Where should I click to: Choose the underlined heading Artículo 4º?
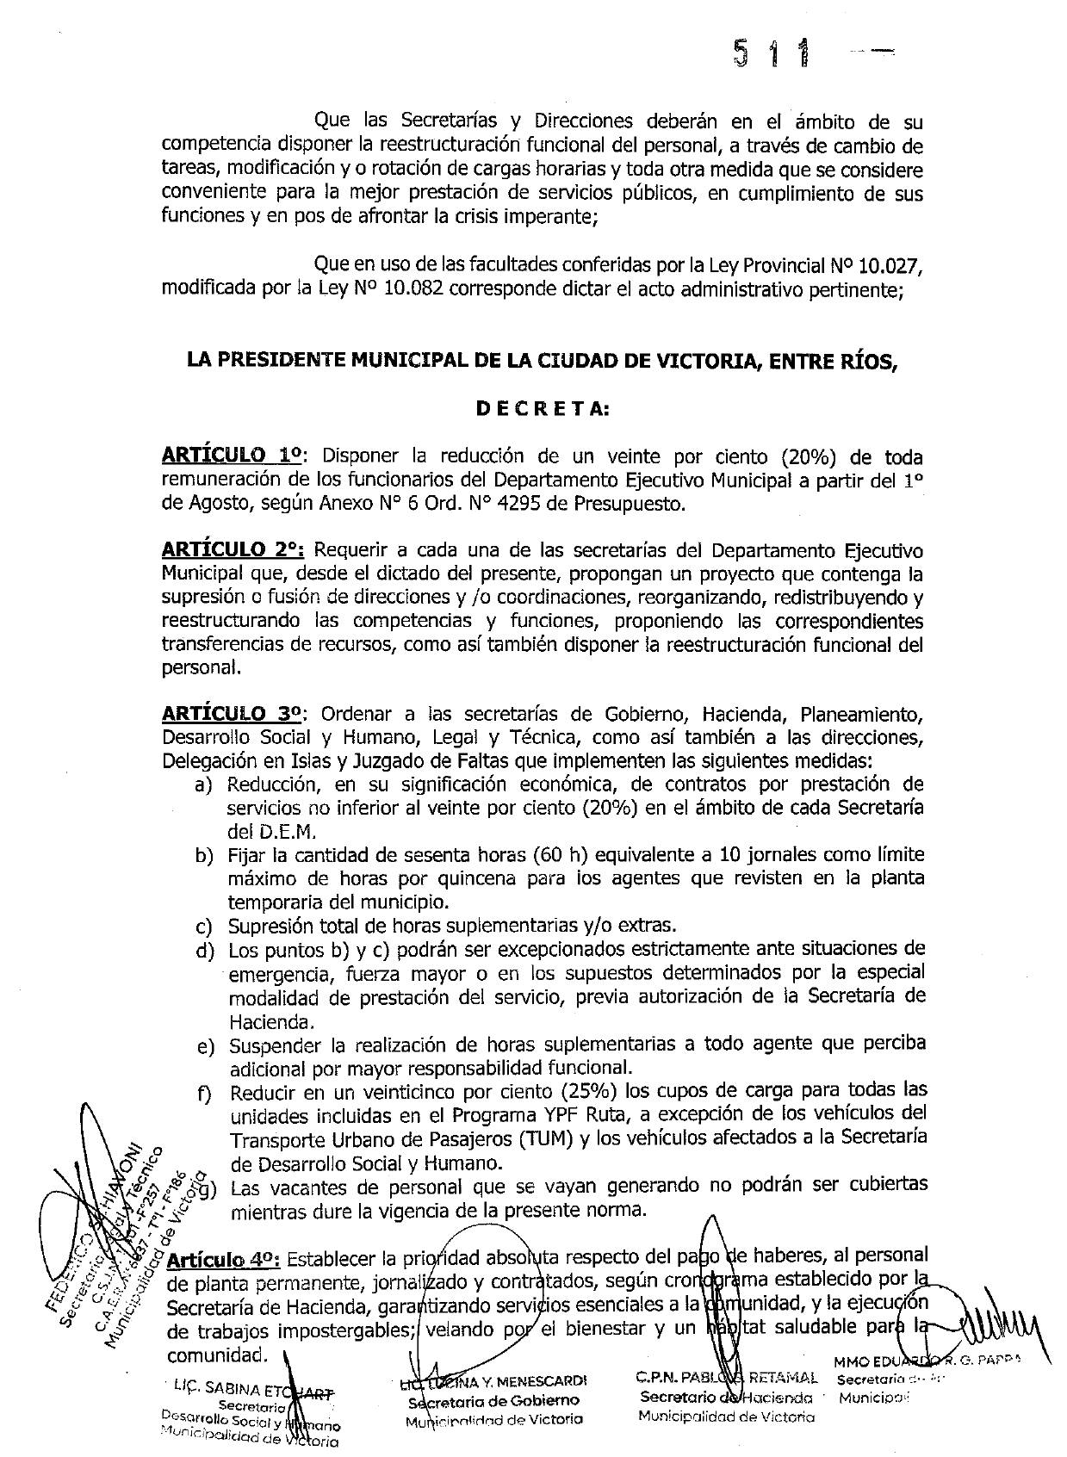point(222,1260)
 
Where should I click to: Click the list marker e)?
point(204,1045)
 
